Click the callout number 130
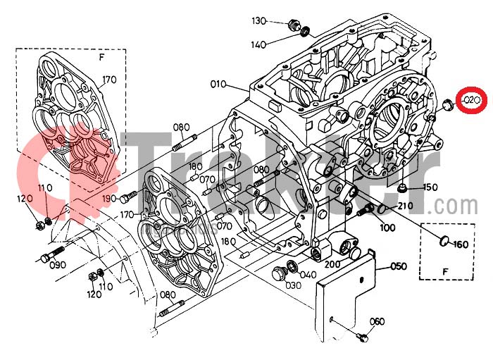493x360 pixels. pos(259,20)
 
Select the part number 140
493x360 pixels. pos(258,44)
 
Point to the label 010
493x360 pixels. pos(218,85)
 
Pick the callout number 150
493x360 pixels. pos(430,187)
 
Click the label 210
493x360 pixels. pos(404,206)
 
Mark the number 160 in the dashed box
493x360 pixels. pos(461,244)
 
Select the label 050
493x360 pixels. pos(399,266)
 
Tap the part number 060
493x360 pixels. pos(377,322)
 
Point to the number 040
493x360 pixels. pos(308,275)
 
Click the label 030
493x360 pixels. pos(293,285)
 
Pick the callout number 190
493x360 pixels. pos(108,199)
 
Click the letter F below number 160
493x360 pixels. pos(444,271)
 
